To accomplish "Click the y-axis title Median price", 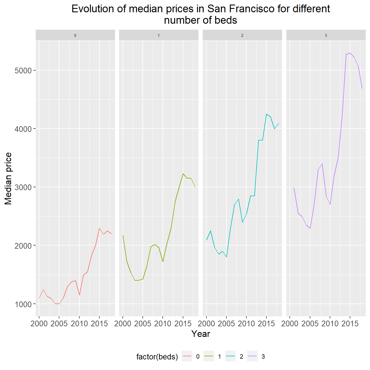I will pos(9,178).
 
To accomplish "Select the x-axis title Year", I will pos(201,334).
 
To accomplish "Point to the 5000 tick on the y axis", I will pos(23,71).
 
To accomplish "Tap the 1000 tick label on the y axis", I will pos(23,304).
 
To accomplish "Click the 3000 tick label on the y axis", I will pos(23,187).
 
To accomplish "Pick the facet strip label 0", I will pos(75,35).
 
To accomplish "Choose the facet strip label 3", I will pos(326,35).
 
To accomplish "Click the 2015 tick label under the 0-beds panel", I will pos(99,324).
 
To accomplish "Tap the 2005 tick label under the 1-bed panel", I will pos(143,324).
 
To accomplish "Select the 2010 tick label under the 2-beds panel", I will pos(246,324).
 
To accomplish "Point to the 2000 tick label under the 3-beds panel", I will pos(290,324).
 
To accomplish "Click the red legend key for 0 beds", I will pos(187,356).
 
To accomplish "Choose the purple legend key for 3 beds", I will pos(252,356).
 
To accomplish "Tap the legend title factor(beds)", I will pos(157,357).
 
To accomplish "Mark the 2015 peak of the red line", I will pos(99,228).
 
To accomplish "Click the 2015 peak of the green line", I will pos(183,174).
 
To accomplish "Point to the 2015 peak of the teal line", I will pos(266,114).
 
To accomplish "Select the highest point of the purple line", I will pos(350,53).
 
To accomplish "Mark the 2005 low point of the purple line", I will pos(310,228).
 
